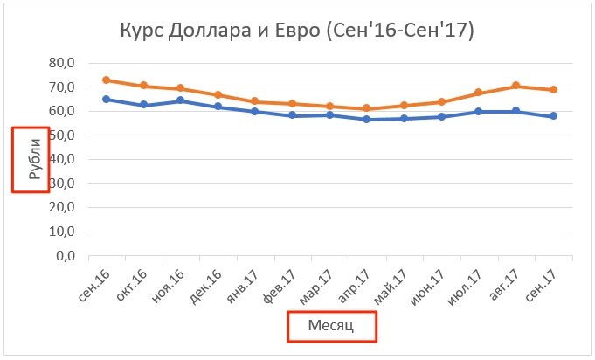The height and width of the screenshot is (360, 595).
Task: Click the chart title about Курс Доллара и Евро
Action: pyautogui.click(x=296, y=32)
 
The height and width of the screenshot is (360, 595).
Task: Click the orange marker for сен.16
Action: pyautogui.click(x=106, y=80)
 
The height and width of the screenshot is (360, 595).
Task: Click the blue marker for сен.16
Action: pyautogui.click(x=106, y=100)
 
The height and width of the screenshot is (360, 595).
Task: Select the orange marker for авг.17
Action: pyautogui.click(x=515, y=86)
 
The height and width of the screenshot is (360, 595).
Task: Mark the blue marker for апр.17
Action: pyautogui.click(x=367, y=120)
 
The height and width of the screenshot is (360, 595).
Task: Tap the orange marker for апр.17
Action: pyautogui.click(x=367, y=108)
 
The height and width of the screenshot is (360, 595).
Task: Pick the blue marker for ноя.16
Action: pyautogui.click(x=180, y=100)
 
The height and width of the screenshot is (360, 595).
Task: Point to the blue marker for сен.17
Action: pyautogui.click(x=553, y=116)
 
